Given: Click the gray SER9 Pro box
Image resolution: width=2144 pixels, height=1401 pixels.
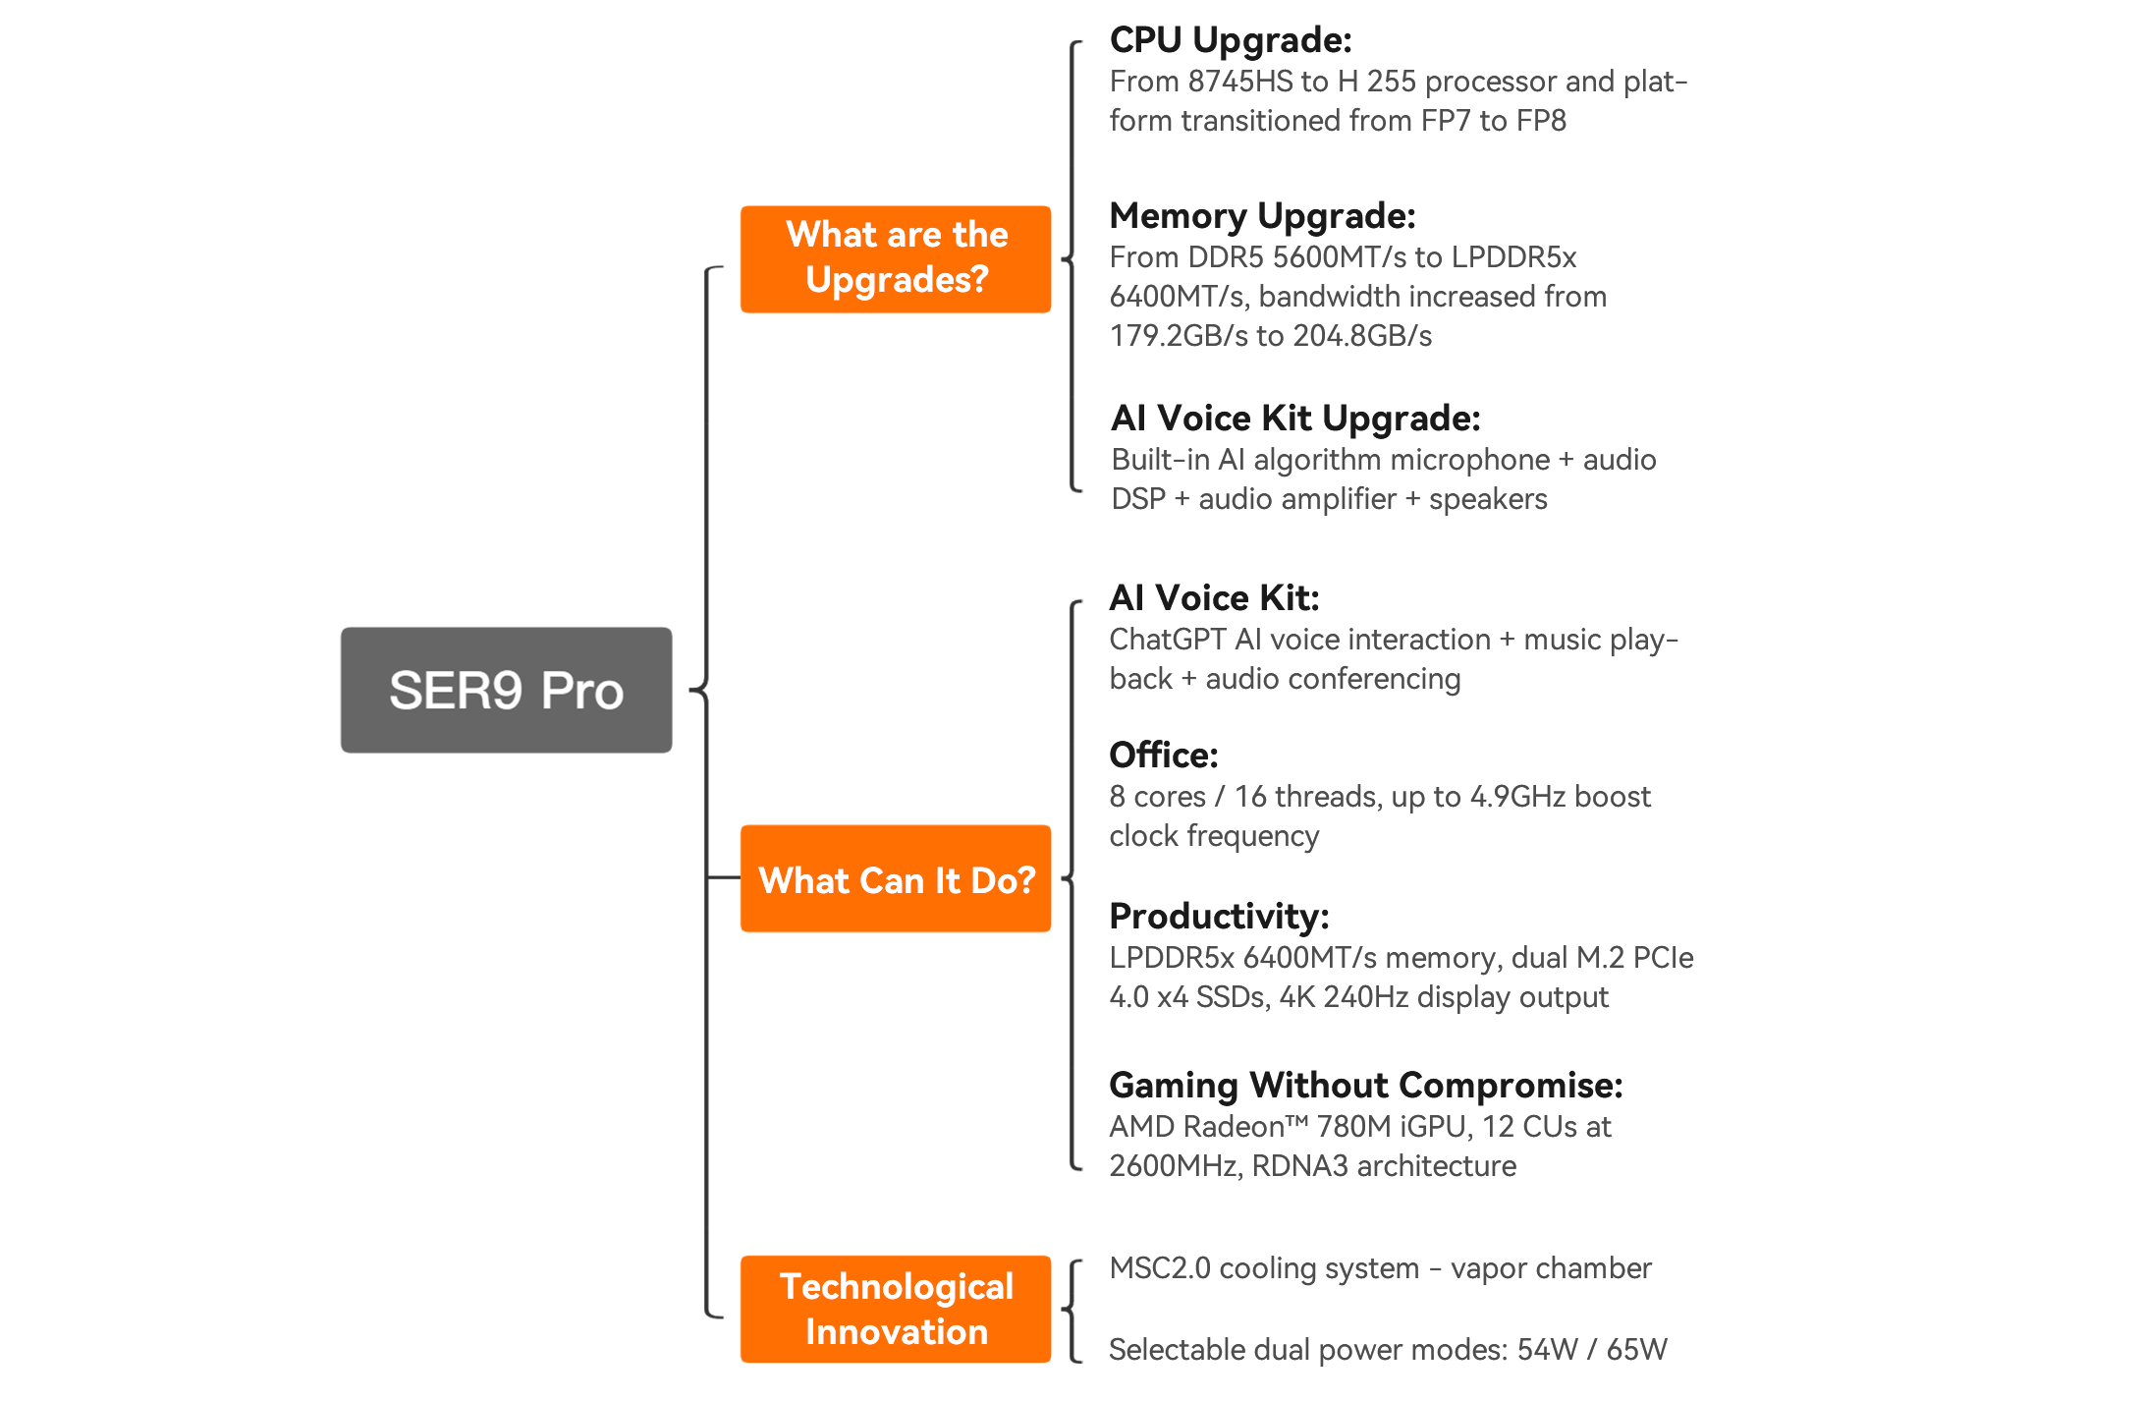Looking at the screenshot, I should (506, 690).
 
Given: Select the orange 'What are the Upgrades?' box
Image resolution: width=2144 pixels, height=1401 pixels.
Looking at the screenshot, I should (896, 258).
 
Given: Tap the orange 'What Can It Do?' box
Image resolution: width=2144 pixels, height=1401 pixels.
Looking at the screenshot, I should (896, 878).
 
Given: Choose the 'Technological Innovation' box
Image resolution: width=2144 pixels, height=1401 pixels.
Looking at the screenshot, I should (896, 1309).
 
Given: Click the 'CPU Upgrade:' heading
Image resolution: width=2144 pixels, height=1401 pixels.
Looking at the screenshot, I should (1231, 40).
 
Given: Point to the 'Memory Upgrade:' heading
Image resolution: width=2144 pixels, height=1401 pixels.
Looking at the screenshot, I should (1262, 216).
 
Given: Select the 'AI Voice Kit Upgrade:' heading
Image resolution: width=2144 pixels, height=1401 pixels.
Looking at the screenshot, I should (1295, 419).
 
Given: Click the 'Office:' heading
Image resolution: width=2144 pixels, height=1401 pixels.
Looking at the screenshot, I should (1164, 756).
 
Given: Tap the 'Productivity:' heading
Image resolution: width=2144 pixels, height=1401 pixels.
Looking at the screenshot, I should (1219, 917).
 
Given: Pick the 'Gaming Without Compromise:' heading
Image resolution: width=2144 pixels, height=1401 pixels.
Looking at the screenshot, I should (1365, 1086).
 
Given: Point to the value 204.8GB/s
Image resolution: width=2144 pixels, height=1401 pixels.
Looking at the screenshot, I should (1362, 336).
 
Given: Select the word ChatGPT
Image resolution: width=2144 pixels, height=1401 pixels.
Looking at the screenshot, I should (1168, 640).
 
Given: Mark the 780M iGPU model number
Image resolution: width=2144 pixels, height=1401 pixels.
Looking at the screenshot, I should (1354, 1127).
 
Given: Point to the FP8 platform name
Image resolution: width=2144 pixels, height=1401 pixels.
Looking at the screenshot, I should (1541, 121).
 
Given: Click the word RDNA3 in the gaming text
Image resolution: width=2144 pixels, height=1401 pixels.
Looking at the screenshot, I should (1299, 1166).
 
